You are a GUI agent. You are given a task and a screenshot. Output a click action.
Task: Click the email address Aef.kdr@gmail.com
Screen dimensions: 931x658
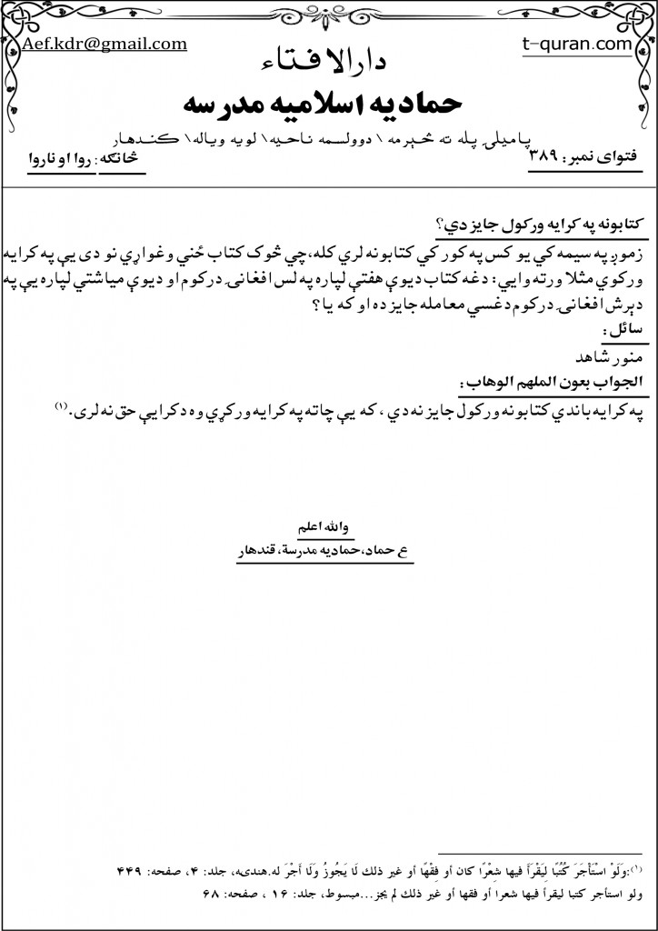(105, 44)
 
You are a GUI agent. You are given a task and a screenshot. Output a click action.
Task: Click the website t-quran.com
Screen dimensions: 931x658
(578, 44)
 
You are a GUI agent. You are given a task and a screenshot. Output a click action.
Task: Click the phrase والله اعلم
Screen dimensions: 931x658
(322, 526)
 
